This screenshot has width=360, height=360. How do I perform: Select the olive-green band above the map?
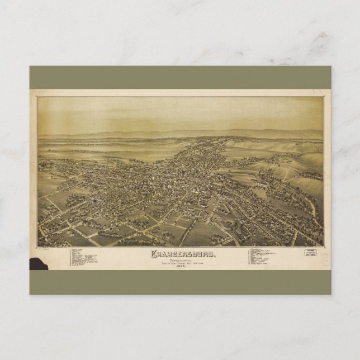pyautogui.click(x=180, y=77)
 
